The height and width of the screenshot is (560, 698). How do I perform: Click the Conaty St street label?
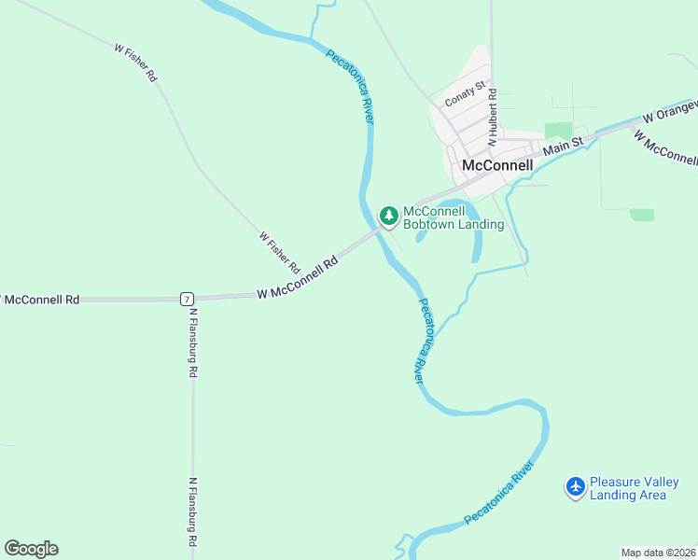click(466, 93)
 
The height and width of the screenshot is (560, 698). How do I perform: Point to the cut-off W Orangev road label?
click(670, 112)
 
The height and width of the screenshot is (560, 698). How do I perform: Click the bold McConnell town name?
click(497, 165)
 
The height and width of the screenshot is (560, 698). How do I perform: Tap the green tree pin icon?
click(389, 216)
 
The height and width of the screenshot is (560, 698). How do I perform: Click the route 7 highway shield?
click(188, 299)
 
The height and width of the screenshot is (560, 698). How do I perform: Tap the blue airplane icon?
click(576, 486)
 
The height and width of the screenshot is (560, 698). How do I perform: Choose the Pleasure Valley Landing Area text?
click(634, 488)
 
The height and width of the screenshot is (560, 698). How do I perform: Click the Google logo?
click(31, 549)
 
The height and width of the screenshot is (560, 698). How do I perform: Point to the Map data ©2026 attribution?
click(657, 553)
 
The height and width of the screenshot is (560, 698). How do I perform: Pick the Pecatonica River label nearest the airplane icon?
click(500, 492)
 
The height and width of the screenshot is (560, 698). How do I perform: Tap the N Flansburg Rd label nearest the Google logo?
click(192, 513)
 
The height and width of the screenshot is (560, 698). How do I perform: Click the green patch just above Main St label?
click(558, 131)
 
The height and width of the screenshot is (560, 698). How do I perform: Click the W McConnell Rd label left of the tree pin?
click(297, 281)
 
